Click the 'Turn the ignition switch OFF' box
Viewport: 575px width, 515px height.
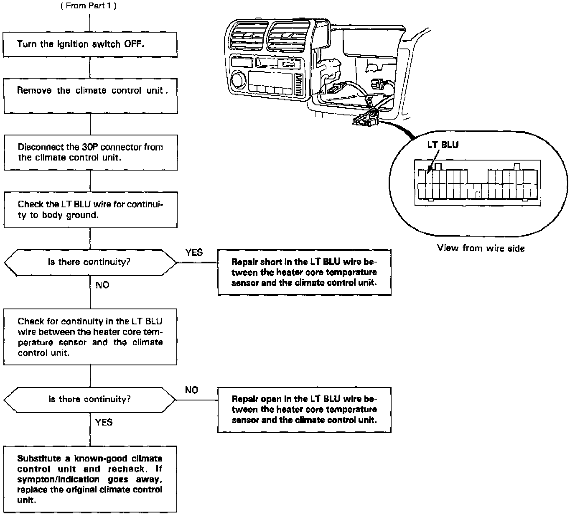coord(90,44)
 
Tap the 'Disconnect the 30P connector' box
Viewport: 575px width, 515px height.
coord(91,152)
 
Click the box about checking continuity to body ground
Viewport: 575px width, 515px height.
coord(91,210)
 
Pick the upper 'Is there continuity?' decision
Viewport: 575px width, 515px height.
coord(90,263)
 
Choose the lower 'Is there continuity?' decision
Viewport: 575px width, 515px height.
coord(90,400)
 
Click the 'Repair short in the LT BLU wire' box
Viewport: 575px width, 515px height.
coord(304,273)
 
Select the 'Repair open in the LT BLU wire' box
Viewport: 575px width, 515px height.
coord(304,410)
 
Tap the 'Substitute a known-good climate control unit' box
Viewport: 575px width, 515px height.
coord(90,479)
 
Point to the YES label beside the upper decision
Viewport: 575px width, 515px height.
coord(194,252)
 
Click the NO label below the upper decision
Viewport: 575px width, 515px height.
coord(102,285)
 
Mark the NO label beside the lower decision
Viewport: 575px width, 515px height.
coord(191,390)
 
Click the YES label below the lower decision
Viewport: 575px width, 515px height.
coord(104,422)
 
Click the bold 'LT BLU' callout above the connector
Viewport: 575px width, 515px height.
coord(443,145)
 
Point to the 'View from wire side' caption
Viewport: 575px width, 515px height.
coord(481,248)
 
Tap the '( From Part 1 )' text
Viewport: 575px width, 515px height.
coord(89,7)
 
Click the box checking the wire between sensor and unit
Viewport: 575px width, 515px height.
coord(91,337)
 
